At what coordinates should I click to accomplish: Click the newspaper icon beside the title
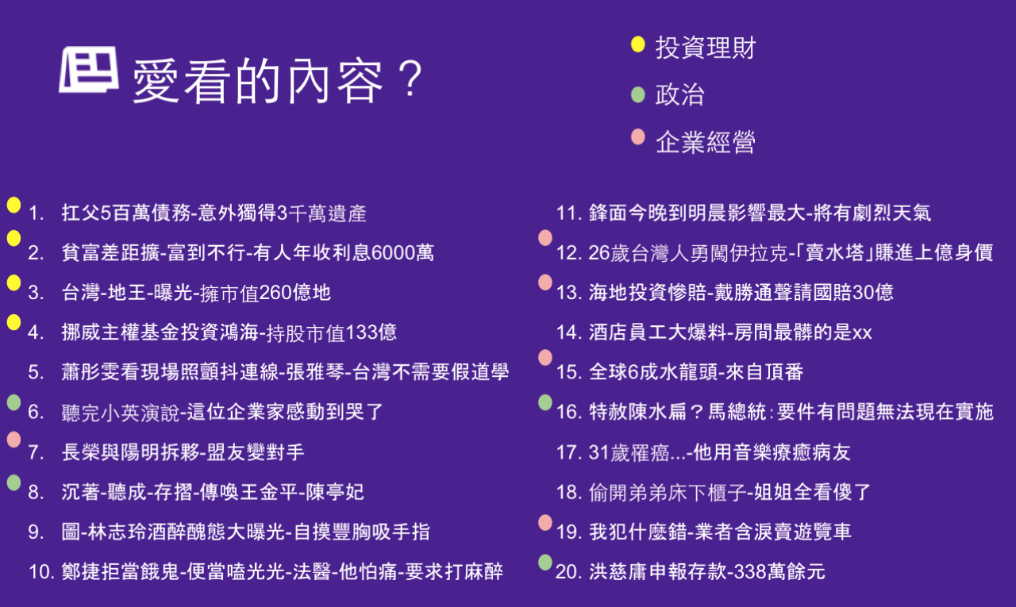click(89, 69)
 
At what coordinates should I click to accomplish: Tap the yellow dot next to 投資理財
click(637, 44)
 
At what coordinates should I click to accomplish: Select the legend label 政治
click(679, 94)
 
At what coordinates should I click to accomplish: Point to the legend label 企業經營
click(706, 142)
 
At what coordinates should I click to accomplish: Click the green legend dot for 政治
click(637, 94)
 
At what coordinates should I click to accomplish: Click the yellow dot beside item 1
click(13, 205)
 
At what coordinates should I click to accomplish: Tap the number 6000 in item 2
click(392, 252)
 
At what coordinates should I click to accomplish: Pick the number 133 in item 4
click(361, 332)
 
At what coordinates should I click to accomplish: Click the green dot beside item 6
click(13, 402)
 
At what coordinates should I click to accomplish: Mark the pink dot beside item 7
click(13, 440)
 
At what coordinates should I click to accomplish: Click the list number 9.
click(36, 532)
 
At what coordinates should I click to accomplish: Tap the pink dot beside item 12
click(545, 237)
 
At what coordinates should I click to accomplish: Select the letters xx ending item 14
click(862, 334)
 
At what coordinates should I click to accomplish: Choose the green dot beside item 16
click(545, 402)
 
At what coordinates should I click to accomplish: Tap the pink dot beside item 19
click(545, 523)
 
